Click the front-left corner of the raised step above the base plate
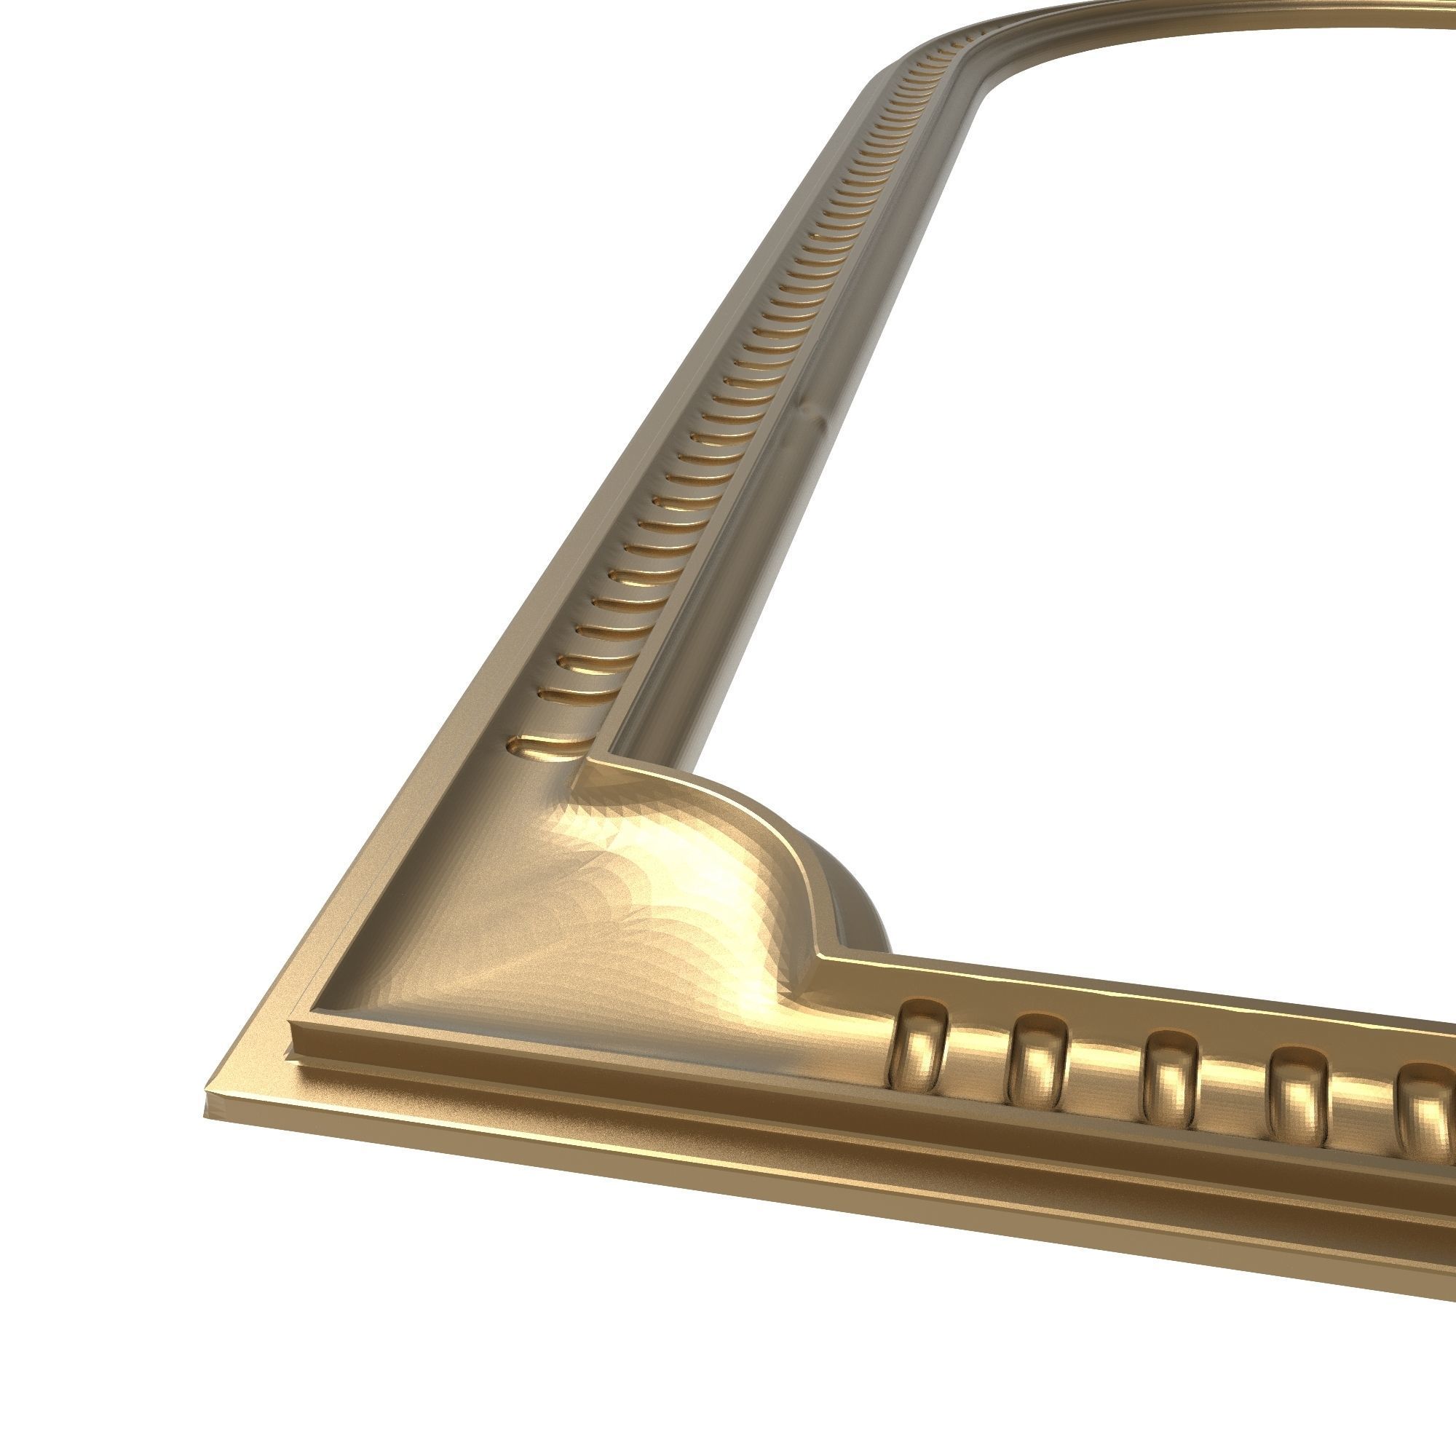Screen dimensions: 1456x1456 pos(293,1026)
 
